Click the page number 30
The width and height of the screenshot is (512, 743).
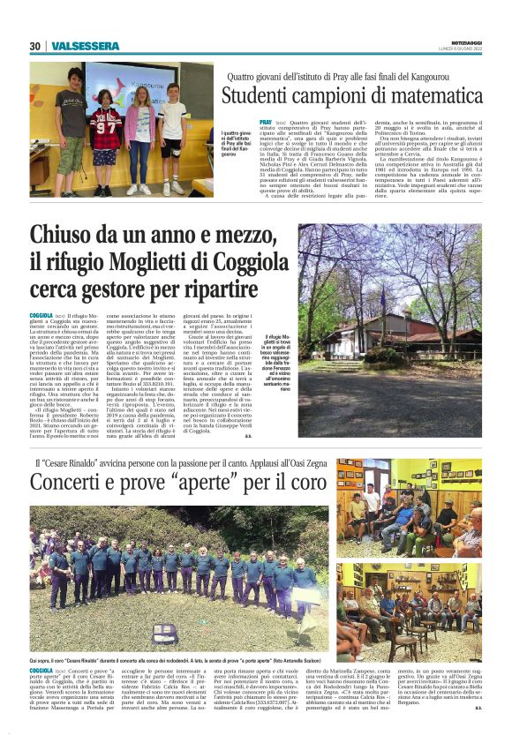pos(34,47)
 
